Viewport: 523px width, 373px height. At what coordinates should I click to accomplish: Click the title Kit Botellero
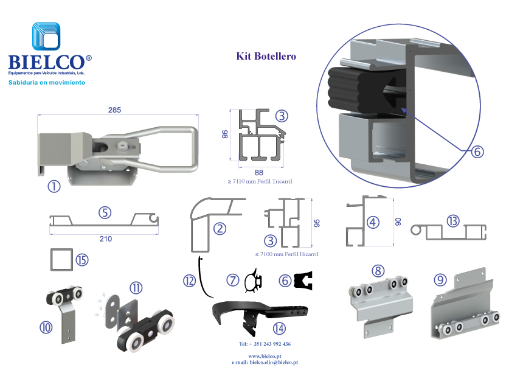[x=266, y=57]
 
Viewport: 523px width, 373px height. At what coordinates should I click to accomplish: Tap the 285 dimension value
[x=114, y=110]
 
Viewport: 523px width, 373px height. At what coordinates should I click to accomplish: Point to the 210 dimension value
[x=105, y=239]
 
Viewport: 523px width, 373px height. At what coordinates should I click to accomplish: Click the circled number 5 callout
[x=105, y=213]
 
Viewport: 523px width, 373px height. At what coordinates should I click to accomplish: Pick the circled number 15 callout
[x=82, y=260]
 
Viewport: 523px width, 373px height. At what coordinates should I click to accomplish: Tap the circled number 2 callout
[x=220, y=229]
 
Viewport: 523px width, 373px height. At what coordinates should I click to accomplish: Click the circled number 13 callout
[x=452, y=221]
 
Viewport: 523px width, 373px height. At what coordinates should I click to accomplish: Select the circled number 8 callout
[x=378, y=270]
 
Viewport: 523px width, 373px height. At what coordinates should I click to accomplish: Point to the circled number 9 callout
[x=440, y=280]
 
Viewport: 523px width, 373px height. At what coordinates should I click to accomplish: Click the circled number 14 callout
[x=279, y=329]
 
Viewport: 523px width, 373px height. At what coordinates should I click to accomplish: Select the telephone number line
[x=265, y=344]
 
